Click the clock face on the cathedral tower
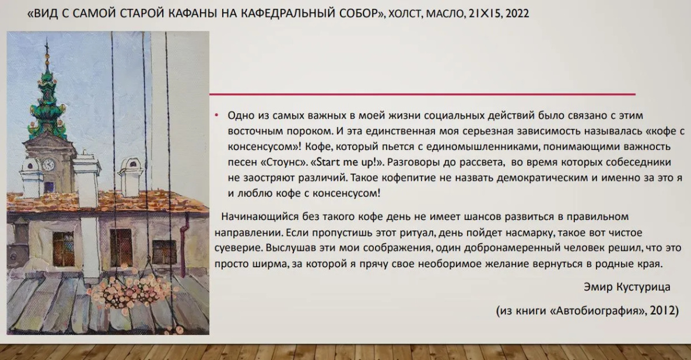[x=48, y=165]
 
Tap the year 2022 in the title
[x=517, y=13]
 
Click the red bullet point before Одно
[x=216, y=115]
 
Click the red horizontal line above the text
[x=422, y=94]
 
